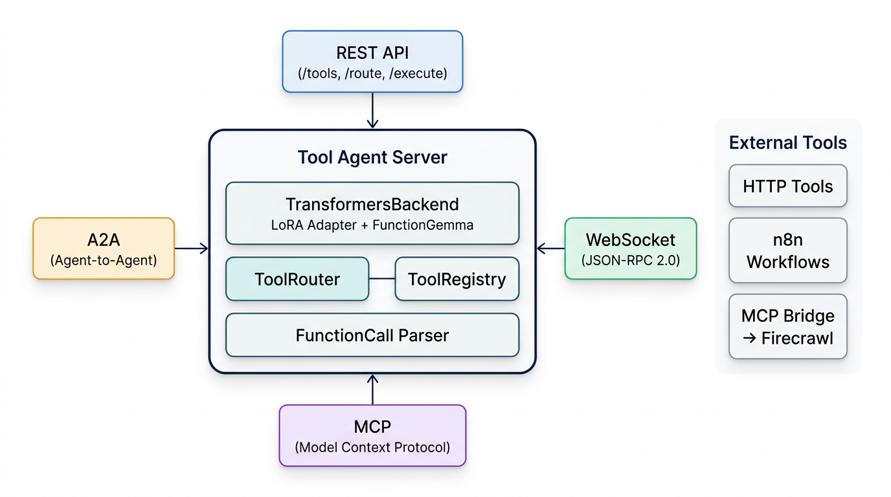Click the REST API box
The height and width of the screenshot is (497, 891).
372,61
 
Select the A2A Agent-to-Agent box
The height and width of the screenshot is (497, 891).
104,248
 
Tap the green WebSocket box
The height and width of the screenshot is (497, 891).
630,248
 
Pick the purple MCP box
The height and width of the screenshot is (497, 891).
372,436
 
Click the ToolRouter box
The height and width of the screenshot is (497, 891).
297,279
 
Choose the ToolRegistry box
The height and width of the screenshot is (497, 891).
457,279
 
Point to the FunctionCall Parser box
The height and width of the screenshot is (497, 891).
372,335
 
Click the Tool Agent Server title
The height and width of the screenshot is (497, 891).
372,157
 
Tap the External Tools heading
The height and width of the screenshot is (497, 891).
787,142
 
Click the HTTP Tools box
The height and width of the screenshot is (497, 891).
787,186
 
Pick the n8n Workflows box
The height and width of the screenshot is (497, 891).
787,250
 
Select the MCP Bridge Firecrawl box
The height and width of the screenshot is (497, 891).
787,326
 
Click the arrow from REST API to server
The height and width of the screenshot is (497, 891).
372,111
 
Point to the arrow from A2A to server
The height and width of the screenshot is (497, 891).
192,248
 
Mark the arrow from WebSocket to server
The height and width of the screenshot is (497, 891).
550,248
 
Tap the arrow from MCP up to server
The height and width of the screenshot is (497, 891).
372,390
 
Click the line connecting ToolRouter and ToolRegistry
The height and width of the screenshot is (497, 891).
381,279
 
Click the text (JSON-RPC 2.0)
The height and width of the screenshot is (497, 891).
630,261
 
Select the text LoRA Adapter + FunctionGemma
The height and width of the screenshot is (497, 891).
372,225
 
